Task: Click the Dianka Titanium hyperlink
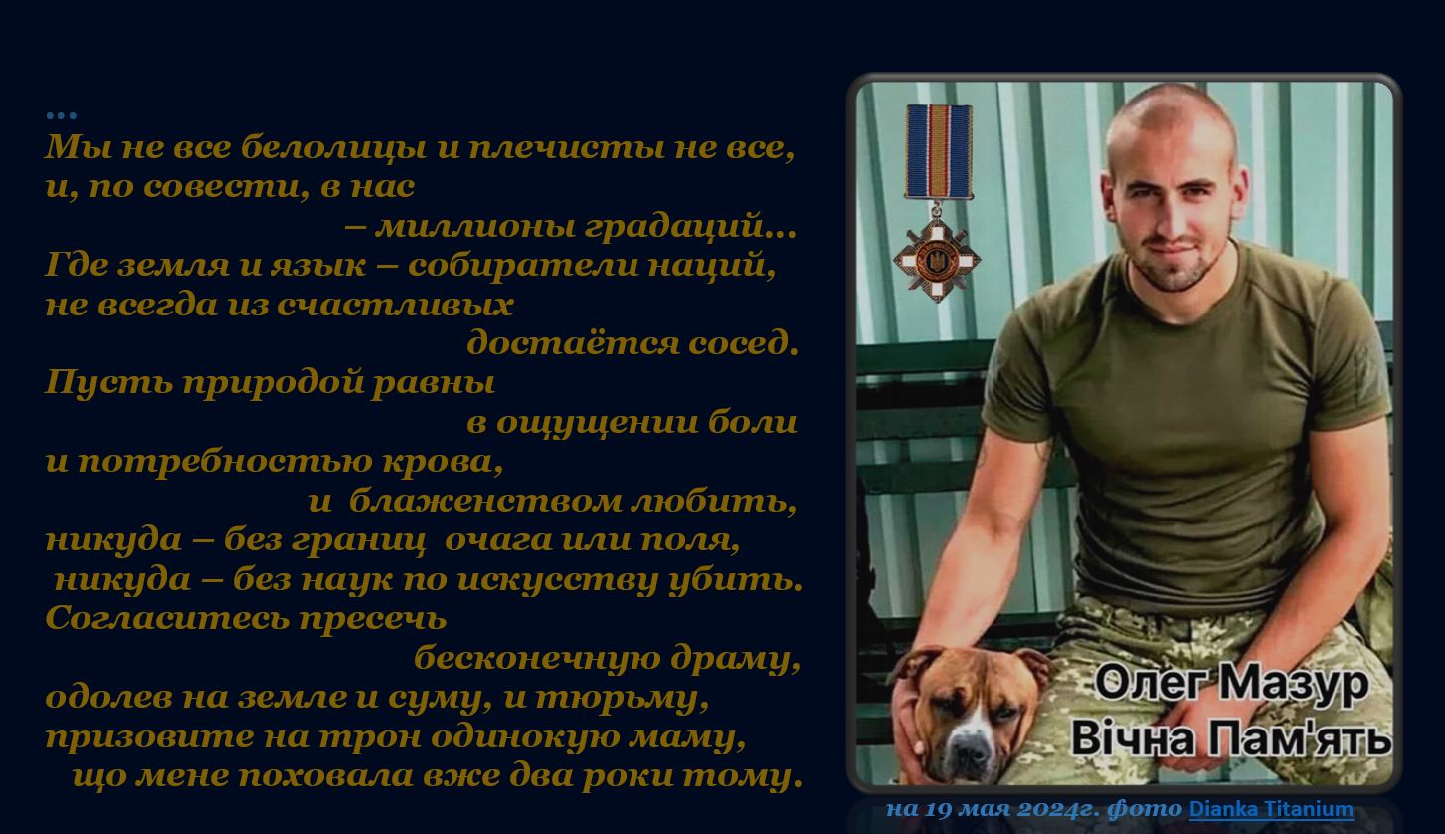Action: pyautogui.click(x=1271, y=809)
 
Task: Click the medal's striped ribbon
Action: pyautogui.click(x=939, y=151)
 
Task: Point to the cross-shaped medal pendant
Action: pyautogui.click(x=936, y=260)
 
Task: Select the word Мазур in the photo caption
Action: pyautogui.click(x=1295, y=684)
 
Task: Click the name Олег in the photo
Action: pyautogui.click(x=1152, y=682)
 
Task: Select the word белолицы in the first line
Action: pyautogui.click(x=333, y=147)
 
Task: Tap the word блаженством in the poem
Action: pyautogui.click(x=485, y=501)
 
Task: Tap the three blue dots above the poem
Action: pyautogui.click(x=62, y=116)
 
